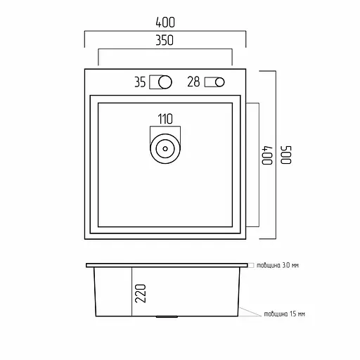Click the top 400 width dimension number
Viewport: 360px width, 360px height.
coord(165,22)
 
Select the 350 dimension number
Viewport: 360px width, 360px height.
coord(165,40)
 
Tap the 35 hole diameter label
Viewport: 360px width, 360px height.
coord(140,82)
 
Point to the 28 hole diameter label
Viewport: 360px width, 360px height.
coord(193,82)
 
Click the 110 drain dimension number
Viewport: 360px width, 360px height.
coord(165,119)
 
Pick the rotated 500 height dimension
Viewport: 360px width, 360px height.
coord(286,155)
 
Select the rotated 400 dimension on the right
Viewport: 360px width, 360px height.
coord(267,155)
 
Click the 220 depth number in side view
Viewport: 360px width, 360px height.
coord(141,293)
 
